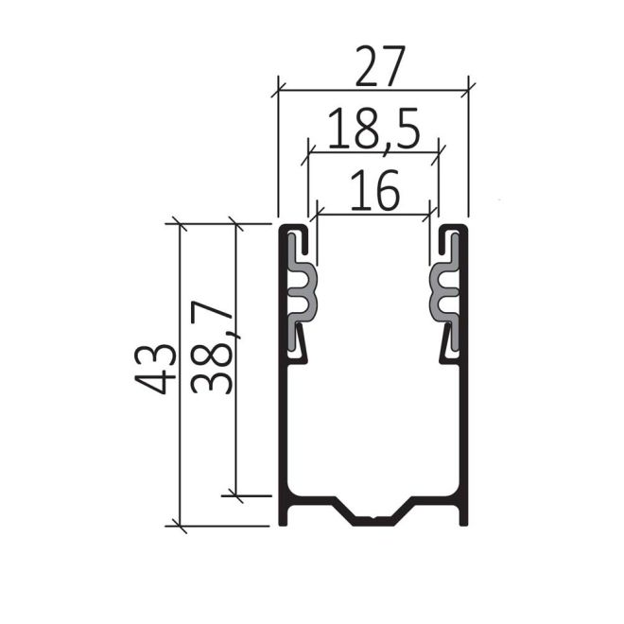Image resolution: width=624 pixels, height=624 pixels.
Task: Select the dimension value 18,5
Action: point(373,130)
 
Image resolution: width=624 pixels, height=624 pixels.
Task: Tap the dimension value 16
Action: point(373,193)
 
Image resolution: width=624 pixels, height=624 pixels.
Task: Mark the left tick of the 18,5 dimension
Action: point(308,149)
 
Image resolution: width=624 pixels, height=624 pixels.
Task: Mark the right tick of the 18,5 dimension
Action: point(439,149)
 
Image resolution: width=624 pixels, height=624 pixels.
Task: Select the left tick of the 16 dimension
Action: point(318,212)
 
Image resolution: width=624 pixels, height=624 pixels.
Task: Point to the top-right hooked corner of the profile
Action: point(458,230)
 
